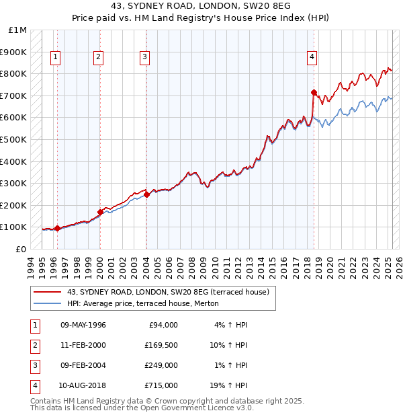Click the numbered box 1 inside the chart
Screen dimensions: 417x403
(54, 58)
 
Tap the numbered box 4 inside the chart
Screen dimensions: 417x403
(312, 58)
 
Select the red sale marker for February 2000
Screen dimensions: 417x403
(100, 212)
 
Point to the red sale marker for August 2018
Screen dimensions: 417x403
(314, 92)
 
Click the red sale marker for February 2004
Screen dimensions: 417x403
(146, 194)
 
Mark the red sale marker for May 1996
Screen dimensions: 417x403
(57, 228)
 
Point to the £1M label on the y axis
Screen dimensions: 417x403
(18, 30)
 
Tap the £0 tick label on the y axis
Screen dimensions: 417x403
(21, 249)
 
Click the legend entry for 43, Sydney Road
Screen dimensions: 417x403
(167, 292)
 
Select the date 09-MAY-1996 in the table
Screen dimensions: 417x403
(83, 325)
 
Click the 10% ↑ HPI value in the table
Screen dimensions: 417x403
(228, 345)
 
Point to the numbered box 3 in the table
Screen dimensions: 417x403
(34, 365)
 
